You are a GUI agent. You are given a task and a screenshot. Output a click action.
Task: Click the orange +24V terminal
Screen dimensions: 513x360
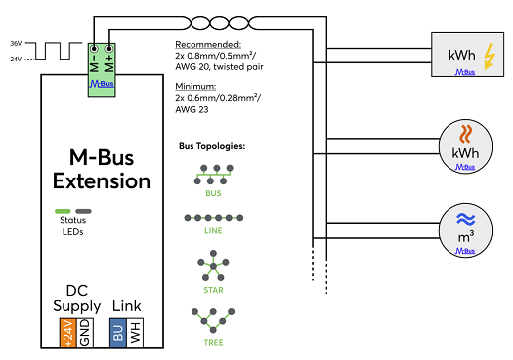pos(68,333)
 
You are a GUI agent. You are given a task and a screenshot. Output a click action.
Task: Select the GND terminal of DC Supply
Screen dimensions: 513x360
pos(85,333)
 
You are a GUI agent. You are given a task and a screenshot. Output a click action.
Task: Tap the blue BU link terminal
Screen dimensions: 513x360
pos(118,333)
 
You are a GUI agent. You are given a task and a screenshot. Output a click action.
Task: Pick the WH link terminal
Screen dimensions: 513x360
pos(135,333)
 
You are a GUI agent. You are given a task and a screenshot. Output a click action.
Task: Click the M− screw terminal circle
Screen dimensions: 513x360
pos(94,49)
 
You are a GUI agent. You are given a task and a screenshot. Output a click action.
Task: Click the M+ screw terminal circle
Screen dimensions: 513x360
pos(109,49)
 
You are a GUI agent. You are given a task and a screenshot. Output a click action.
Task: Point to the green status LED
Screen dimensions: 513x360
pos(63,211)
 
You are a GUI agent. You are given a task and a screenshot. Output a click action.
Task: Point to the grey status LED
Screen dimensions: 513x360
pos(83,211)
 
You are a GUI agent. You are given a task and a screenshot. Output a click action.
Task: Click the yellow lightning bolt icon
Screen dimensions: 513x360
pos(489,57)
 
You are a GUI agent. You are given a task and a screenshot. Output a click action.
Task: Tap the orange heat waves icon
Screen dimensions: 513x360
pos(465,134)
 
